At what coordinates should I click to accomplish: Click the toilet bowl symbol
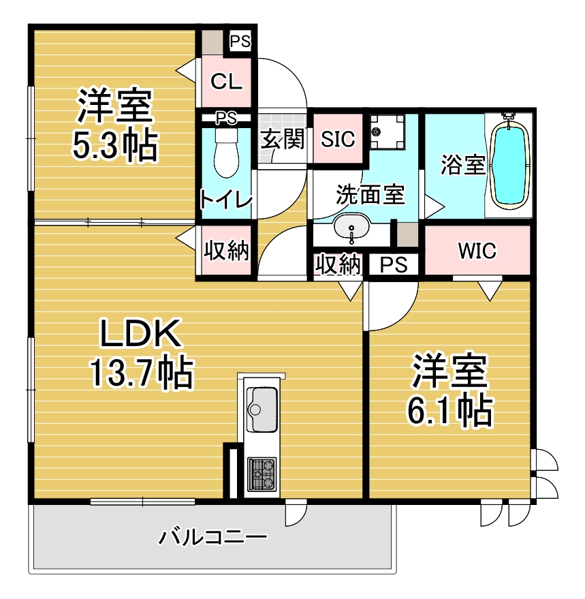[x=226, y=153]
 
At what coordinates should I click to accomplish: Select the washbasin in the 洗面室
[x=351, y=228]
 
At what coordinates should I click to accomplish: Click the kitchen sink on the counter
[x=262, y=410]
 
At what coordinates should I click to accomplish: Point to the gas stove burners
[x=262, y=474]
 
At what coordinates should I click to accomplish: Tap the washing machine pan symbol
[x=388, y=132]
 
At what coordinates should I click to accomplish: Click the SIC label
[x=338, y=139]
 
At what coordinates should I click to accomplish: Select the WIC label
[x=477, y=251]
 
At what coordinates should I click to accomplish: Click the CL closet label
[x=226, y=81]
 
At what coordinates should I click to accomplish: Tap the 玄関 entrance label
[x=283, y=138]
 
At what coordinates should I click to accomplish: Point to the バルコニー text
[x=212, y=538]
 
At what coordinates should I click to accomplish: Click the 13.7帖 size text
[x=142, y=371]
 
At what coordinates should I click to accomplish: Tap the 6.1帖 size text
[x=450, y=411]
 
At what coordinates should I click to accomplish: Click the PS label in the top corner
[x=240, y=42]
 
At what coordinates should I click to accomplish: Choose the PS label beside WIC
[x=394, y=264]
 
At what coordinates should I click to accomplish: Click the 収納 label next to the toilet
[x=226, y=251]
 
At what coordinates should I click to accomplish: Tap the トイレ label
[x=225, y=200]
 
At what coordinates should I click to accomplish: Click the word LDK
[x=140, y=334]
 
